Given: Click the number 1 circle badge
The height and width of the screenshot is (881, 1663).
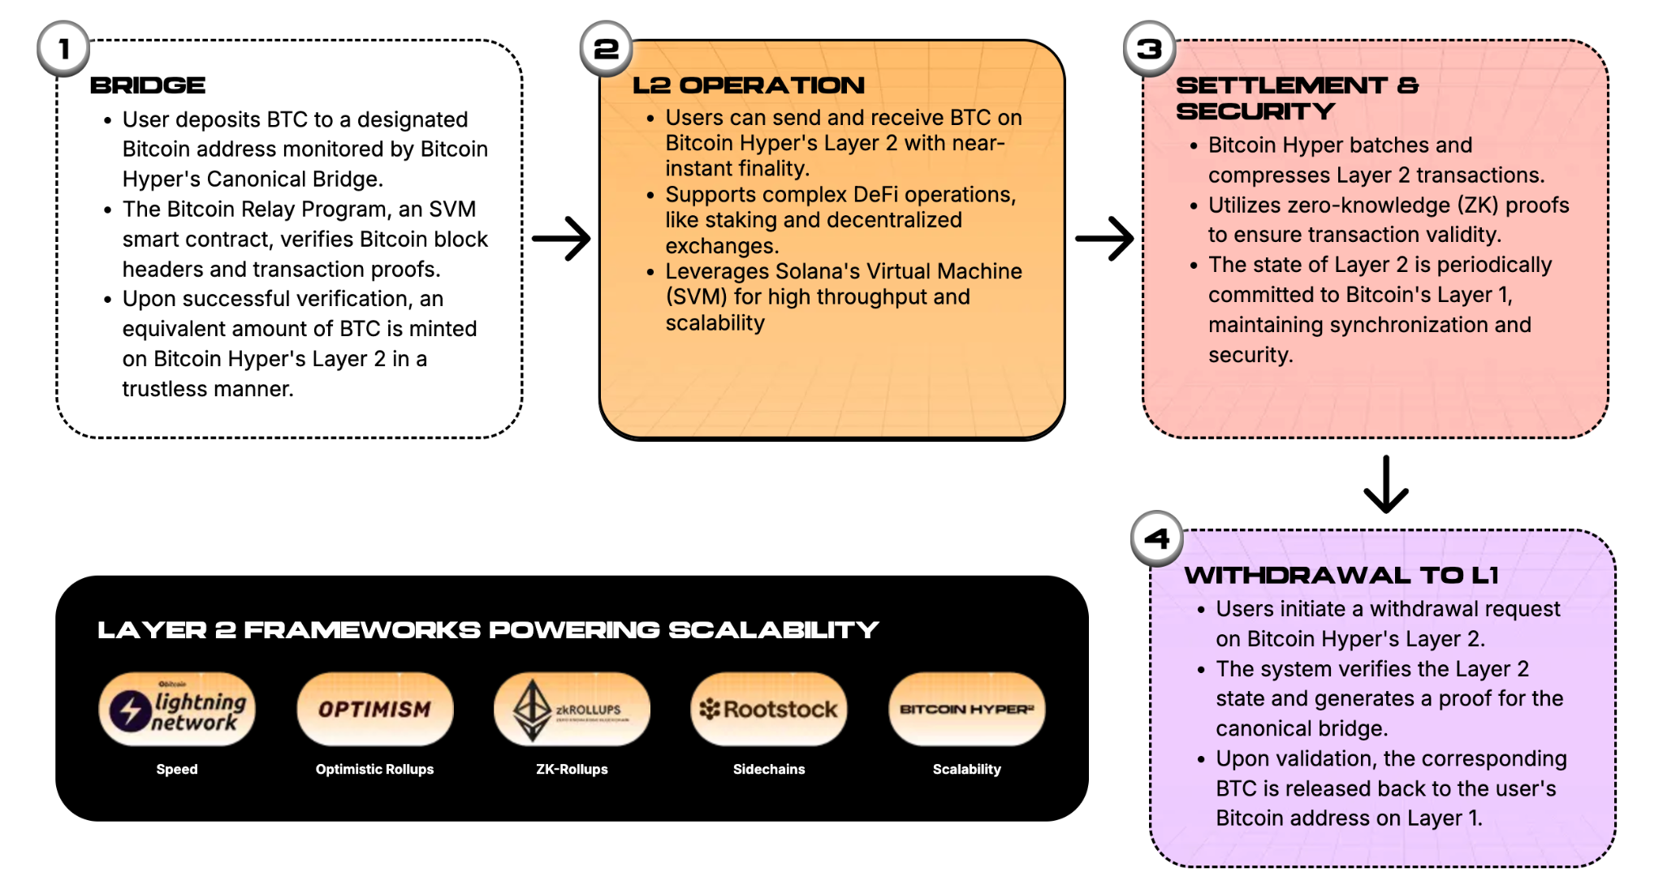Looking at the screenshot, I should [63, 49].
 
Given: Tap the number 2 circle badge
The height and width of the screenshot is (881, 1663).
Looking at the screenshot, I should [606, 49].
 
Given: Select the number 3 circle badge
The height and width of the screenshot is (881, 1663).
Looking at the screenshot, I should [1149, 49].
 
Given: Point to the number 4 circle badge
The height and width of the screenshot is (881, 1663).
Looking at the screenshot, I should [1157, 538].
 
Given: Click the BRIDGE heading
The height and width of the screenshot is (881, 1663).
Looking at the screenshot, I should [148, 85].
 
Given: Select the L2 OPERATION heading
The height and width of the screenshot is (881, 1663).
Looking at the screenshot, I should [749, 85].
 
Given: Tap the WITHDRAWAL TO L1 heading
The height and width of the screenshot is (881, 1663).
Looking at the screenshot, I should [1341, 575].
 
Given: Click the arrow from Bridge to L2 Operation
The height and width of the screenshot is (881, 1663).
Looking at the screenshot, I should [561, 239].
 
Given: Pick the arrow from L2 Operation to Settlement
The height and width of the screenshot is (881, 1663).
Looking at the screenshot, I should [1104, 239].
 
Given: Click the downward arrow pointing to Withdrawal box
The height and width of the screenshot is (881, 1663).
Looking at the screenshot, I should [1386, 485].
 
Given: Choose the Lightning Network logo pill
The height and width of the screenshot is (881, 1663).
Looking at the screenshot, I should [177, 709].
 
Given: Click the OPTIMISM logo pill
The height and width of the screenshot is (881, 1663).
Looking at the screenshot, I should [374, 709].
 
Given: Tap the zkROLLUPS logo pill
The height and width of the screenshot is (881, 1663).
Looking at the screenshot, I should [572, 709].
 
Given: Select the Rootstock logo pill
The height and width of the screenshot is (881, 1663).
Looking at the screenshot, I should [769, 709].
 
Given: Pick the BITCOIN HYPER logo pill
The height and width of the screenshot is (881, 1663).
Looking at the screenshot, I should [966, 709].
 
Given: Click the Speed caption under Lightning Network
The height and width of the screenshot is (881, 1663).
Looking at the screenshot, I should [177, 769].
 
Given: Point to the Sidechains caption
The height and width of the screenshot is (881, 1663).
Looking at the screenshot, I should [769, 769].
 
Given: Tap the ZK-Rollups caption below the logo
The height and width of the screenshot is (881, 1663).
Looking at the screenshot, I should [572, 769].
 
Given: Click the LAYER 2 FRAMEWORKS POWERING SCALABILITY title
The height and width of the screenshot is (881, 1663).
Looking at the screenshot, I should [488, 630].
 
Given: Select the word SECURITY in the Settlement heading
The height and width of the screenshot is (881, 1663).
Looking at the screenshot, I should [1255, 111].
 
